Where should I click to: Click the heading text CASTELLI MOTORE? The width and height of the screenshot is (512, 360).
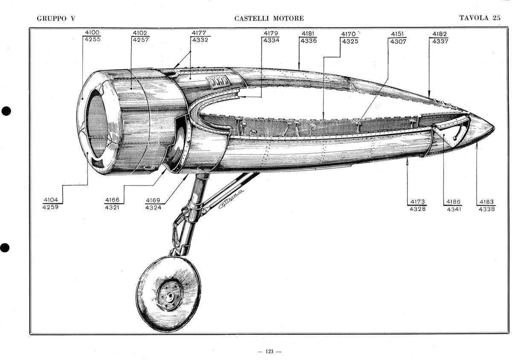tap(269, 18)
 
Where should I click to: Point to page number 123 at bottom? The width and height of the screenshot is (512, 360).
tap(269, 351)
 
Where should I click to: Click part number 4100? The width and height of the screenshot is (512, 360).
tap(92, 33)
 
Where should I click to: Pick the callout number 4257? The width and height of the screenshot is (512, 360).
tap(140, 40)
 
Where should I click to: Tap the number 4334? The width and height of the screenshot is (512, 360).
tap(271, 41)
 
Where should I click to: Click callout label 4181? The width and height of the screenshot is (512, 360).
tap(308, 34)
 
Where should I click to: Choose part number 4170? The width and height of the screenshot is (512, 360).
tap(349, 34)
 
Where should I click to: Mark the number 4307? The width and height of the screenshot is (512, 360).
tap(397, 41)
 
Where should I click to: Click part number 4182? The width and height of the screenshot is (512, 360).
tap(439, 34)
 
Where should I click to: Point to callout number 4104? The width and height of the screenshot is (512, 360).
tap(51, 200)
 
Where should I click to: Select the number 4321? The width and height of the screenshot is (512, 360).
tap(112, 208)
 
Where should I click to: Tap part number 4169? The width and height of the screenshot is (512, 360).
tap(153, 200)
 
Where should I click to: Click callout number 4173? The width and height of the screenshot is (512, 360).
tap(417, 201)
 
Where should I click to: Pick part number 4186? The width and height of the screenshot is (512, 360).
tap(454, 202)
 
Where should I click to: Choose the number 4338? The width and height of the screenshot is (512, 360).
tap(487, 209)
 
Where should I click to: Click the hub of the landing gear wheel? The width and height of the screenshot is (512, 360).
tap(170, 296)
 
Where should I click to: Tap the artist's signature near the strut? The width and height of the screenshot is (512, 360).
tap(231, 199)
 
